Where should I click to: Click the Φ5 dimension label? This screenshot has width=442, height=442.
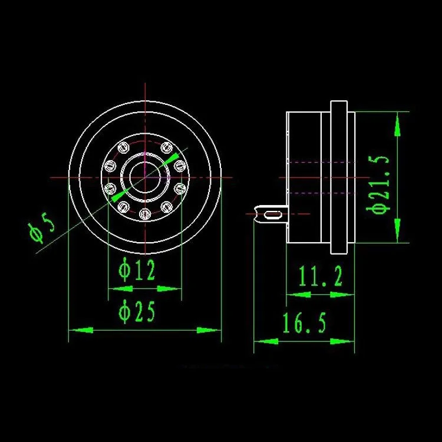click(x=42, y=227)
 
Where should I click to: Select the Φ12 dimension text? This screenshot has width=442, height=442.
click(x=137, y=270)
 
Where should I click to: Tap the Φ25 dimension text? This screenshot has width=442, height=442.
click(x=137, y=312)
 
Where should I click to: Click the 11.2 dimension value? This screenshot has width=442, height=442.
click(x=320, y=276)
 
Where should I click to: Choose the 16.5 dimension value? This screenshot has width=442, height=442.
click(x=305, y=322)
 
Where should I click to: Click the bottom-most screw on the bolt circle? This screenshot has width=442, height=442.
click(x=145, y=215)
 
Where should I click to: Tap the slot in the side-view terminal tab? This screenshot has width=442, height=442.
click(x=273, y=215)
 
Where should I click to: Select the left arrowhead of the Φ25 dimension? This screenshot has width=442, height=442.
click(x=81, y=330)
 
